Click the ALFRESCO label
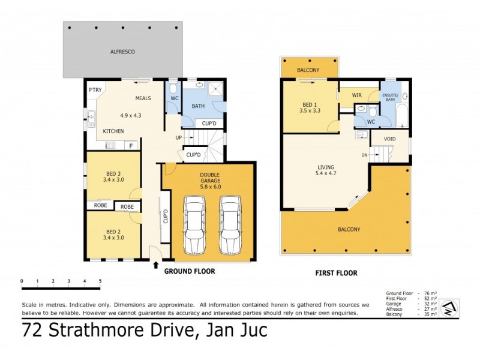click(122, 52)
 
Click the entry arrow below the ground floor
click(157, 264)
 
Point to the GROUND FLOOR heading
click(190, 272)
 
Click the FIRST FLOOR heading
click(336, 273)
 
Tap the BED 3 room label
click(114, 175)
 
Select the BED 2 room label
click(114, 232)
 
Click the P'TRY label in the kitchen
click(95, 90)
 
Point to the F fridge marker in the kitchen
click(130, 145)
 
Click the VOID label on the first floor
click(389, 139)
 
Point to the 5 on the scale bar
click(100, 281)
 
